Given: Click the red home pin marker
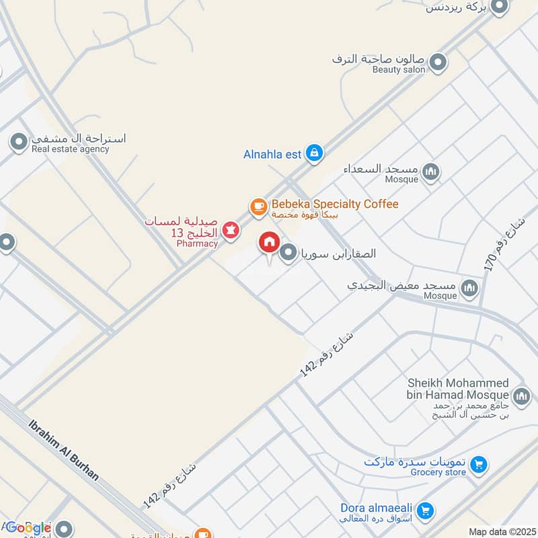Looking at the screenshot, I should pyautogui.click(x=270, y=243).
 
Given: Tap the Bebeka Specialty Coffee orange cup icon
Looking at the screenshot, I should pyautogui.click(x=258, y=207).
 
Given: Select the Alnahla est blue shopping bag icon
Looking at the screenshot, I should pyautogui.click(x=313, y=154).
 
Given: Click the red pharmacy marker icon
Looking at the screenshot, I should pyautogui.click(x=231, y=231).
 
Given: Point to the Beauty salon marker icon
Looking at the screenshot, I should pyautogui.click(x=438, y=63).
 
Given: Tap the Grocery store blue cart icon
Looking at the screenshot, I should pyautogui.click(x=478, y=464).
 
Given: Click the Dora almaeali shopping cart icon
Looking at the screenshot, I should pyautogui.click(x=424, y=512).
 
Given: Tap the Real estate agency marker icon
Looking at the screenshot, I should pyautogui.click(x=16, y=142).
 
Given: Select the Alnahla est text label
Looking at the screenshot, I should pyautogui.click(x=272, y=155).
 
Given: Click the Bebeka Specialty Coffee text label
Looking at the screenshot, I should pyautogui.click(x=335, y=204).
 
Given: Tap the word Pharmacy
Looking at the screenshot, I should pyautogui.click(x=197, y=243).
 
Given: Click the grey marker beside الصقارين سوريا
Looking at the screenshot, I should pyautogui.click(x=289, y=253).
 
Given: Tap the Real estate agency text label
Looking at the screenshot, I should pyautogui.click(x=71, y=149).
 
